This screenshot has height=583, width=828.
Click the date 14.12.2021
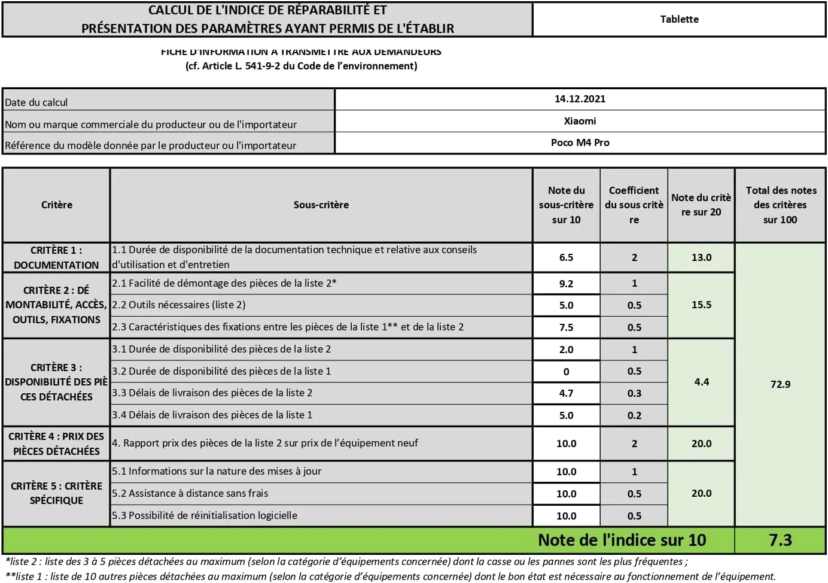tap(580, 99)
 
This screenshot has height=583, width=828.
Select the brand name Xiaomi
tap(580, 121)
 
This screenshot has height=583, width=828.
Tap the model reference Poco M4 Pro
tap(580, 142)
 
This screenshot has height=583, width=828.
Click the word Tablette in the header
tap(679, 19)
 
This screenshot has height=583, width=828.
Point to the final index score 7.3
tap(780, 540)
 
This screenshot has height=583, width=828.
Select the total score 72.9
tap(780, 384)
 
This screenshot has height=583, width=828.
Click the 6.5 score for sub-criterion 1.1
tap(566, 257)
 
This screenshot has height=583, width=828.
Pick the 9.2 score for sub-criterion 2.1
tap(566, 284)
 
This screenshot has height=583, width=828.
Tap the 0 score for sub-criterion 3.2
tap(566, 372)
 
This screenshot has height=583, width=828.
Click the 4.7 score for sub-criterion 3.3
tap(566, 393)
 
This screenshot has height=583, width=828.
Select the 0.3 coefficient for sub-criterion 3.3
tap(634, 393)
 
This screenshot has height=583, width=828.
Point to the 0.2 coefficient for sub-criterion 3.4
tap(634, 415)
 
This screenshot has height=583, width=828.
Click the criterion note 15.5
tap(701, 305)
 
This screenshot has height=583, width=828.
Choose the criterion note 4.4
tap(701, 382)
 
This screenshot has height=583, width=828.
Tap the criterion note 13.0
tap(701, 257)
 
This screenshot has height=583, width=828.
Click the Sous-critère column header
tap(321, 205)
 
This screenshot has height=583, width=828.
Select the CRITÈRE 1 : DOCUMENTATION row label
tap(56, 257)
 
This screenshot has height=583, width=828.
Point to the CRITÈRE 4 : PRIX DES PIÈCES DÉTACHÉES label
tap(56, 444)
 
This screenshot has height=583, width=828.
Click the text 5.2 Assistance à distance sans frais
tap(190, 493)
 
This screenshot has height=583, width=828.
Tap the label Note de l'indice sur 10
tap(622, 540)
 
